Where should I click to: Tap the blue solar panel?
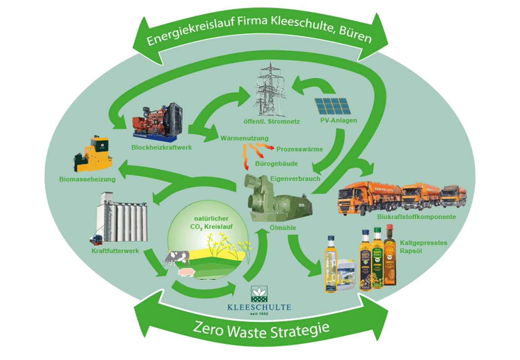tap(333, 106)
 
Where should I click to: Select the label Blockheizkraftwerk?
tap(162, 147)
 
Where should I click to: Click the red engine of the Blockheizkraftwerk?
tap(153, 121)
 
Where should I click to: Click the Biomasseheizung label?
tap(87, 179)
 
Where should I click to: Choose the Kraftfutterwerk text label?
tap(115, 251)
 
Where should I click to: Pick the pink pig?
tap(187, 272)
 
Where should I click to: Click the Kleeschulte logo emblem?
tap(259, 294)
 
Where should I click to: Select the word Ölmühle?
tap(283, 228)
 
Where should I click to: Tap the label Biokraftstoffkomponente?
tap(416, 217)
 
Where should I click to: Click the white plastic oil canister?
tap(346, 274)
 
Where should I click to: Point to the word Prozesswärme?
tap(300, 149)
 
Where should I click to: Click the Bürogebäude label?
tap(276, 164)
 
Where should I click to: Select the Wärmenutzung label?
tap(244, 138)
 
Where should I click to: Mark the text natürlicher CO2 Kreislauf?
tap(211, 223)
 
